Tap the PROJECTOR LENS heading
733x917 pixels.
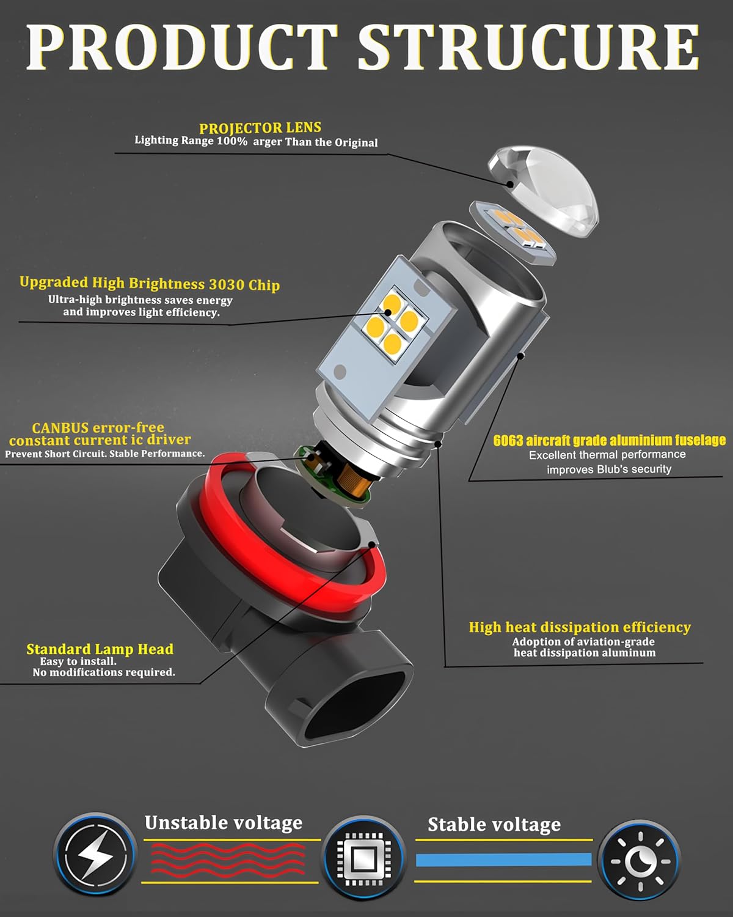pyautogui.click(x=260, y=128)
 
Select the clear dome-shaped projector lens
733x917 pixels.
pyautogui.click(x=544, y=190)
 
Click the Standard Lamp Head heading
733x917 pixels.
pyautogui.click(x=100, y=649)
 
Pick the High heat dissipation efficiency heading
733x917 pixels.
pyautogui.click(x=580, y=627)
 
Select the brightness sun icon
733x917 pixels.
pyautogui.click(x=640, y=861)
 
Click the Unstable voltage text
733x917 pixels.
pyautogui.click(x=224, y=822)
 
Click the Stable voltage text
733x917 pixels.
pyautogui.click(x=494, y=825)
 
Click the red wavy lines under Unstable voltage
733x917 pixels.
pyautogui.click(x=228, y=860)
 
